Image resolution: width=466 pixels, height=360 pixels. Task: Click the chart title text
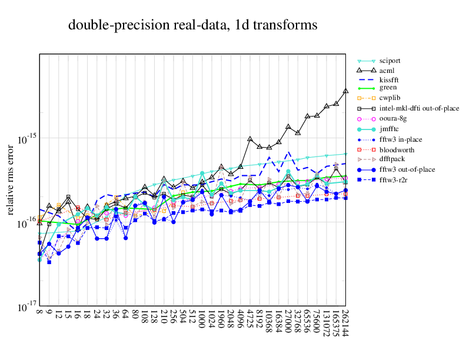pyautogui.click(x=192, y=25)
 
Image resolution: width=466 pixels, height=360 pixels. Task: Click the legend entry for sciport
pyautogui.click(x=391, y=60)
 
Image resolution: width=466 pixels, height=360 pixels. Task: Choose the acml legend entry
pyautogui.click(x=387, y=70)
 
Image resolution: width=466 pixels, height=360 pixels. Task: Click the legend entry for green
pyautogui.click(x=388, y=87)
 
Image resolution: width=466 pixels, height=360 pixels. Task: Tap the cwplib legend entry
pyautogui.click(x=390, y=98)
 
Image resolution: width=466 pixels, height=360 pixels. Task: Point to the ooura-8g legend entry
pyautogui.click(x=394, y=118)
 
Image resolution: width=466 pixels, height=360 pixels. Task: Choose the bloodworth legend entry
pyautogui.click(x=397, y=149)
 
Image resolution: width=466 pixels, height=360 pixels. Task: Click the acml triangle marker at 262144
pyautogui.click(x=345, y=91)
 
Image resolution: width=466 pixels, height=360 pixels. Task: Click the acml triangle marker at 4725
pyautogui.click(x=250, y=139)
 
